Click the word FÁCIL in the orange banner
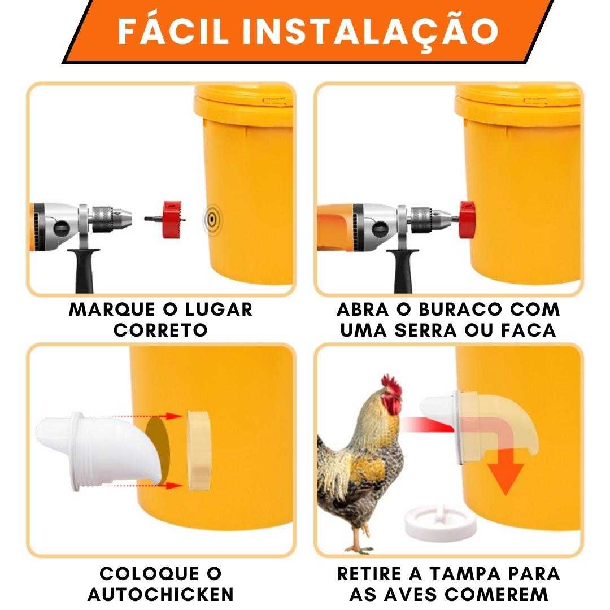[x=173, y=30]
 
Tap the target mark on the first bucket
[x=212, y=220]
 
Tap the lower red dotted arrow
[x=148, y=485]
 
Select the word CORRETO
[x=160, y=330]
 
